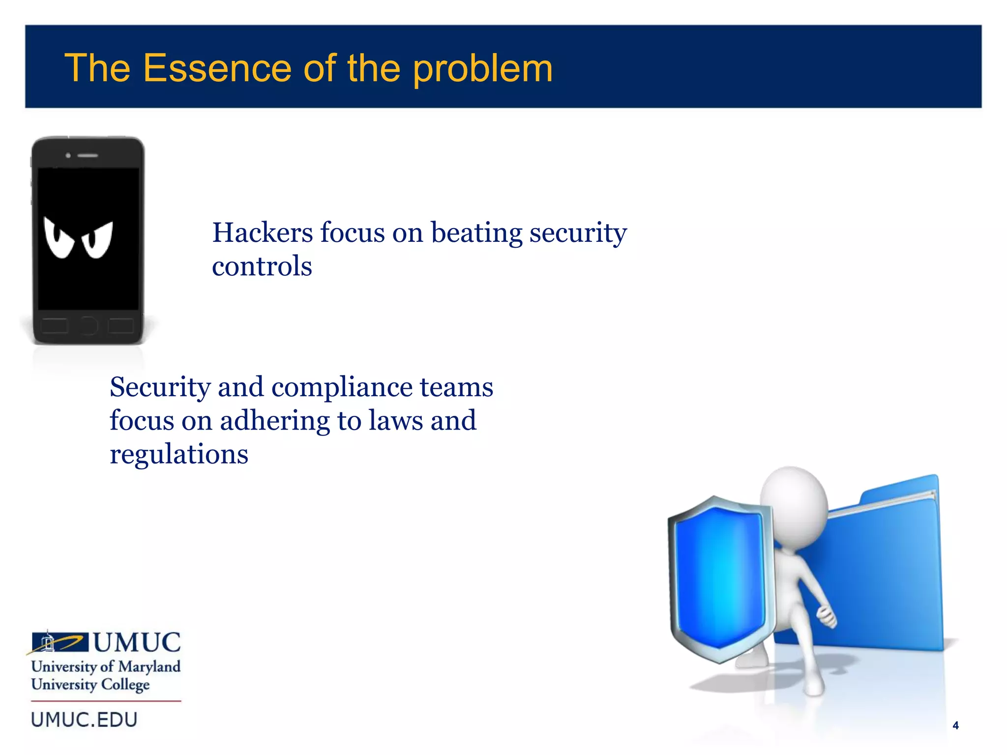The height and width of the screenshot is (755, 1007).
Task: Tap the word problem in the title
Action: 482,69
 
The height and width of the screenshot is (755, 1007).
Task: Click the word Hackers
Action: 262,232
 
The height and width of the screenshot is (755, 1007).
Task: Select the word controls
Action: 262,266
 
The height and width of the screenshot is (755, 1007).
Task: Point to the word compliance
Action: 342,387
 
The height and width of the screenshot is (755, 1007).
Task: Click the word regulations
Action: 178,454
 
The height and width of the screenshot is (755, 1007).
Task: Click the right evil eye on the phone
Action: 98,240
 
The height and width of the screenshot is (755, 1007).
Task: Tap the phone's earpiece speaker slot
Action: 88,155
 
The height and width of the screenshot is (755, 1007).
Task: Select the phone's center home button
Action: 88,325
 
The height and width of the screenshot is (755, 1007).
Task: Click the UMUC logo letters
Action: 137,642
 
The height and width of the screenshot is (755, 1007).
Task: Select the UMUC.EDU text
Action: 84,720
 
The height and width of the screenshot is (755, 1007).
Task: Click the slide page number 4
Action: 955,726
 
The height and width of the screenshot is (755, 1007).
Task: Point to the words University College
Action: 90,685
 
